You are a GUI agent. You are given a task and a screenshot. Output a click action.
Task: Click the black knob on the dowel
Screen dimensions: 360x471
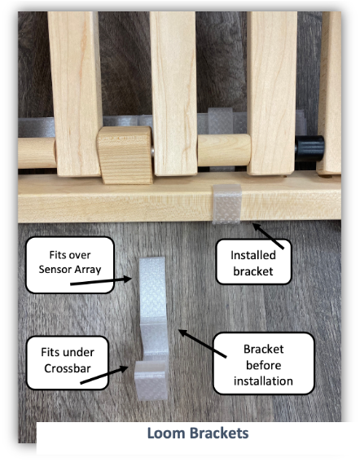[310, 148]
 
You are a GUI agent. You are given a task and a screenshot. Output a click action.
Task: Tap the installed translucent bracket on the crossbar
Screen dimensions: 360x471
[227, 204]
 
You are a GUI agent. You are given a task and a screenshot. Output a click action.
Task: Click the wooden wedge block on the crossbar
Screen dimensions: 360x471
[125, 155]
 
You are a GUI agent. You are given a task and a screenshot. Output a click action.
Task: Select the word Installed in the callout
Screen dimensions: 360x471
[253, 255]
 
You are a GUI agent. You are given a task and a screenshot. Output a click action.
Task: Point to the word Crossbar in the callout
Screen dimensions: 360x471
[68, 368]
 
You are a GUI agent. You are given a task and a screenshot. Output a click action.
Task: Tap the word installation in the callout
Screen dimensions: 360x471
[263, 381]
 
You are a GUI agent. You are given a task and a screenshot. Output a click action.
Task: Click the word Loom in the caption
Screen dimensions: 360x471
[167, 434]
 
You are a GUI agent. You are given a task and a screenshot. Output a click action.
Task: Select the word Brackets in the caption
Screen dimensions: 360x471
[219, 434]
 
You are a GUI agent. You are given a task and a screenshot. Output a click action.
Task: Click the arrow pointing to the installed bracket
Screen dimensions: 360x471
[268, 236]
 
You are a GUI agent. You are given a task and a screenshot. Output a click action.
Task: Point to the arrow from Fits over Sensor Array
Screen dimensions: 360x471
[101, 281]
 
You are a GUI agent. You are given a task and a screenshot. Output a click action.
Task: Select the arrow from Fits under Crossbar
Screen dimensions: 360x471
[104, 375]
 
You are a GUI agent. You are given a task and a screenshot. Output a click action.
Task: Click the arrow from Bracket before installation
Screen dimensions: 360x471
[202, 343]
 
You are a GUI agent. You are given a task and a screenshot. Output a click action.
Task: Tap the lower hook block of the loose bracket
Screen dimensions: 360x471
[151, 381]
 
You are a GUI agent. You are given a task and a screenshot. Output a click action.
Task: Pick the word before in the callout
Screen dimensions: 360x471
[263, 365]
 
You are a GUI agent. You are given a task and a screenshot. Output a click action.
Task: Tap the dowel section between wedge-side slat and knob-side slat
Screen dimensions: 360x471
[224, 150]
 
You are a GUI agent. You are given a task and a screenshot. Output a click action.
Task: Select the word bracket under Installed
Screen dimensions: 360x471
[253, 271]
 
